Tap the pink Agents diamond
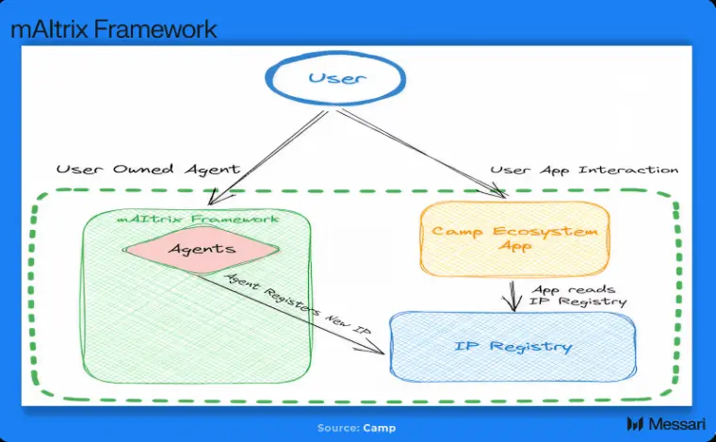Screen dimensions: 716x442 (202, 250)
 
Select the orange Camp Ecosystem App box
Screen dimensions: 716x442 (514, 238)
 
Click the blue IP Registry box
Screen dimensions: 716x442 (513, 347)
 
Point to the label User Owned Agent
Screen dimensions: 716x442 (148, 170)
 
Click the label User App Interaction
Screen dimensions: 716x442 (584, 171)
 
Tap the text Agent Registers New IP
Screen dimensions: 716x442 (299, 303)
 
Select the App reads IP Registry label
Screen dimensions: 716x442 (578, 296)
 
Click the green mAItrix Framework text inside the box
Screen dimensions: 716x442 (197, 219)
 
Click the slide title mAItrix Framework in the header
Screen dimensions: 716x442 (114, 29)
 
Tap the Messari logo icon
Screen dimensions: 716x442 (635, 423)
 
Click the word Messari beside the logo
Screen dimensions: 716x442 (677, 424)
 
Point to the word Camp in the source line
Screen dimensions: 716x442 (380, 428)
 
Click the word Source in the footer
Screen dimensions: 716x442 (338, 428)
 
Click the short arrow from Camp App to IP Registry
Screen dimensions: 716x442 (513, 296)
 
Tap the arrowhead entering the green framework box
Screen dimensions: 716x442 (219, 197)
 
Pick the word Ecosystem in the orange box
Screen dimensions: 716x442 (545, 232)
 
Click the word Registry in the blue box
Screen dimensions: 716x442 (530, 347)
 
